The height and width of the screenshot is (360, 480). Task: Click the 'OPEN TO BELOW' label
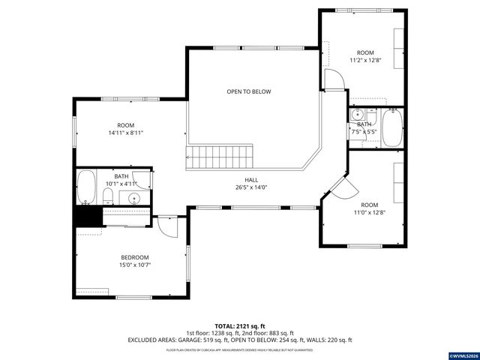tap(249, 91)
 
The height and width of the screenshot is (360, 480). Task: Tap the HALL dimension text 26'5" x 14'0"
tap(251, 187)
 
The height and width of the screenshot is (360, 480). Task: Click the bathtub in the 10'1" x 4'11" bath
tap(86, 187)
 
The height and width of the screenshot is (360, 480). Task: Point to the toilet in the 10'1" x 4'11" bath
tap(107, 196)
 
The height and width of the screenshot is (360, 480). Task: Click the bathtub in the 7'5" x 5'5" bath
tap(392, 128)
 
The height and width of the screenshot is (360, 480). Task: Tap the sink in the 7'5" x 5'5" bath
tap(358, 115)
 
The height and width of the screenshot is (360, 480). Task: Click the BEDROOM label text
tap(135, 257)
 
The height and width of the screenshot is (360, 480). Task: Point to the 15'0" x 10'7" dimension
tap(135, 265)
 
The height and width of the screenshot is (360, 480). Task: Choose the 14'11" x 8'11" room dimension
tap(125, 133)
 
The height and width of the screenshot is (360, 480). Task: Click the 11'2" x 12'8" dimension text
tap(364, 60)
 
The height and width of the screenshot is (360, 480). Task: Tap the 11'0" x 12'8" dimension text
tap(370, 212)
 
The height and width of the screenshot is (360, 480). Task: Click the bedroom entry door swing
tap(167, 226)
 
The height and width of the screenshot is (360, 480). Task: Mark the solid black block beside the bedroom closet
tap(87, 216)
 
